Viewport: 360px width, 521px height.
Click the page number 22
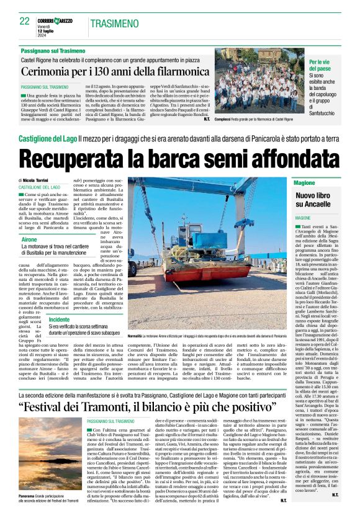[x=25, y=22]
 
